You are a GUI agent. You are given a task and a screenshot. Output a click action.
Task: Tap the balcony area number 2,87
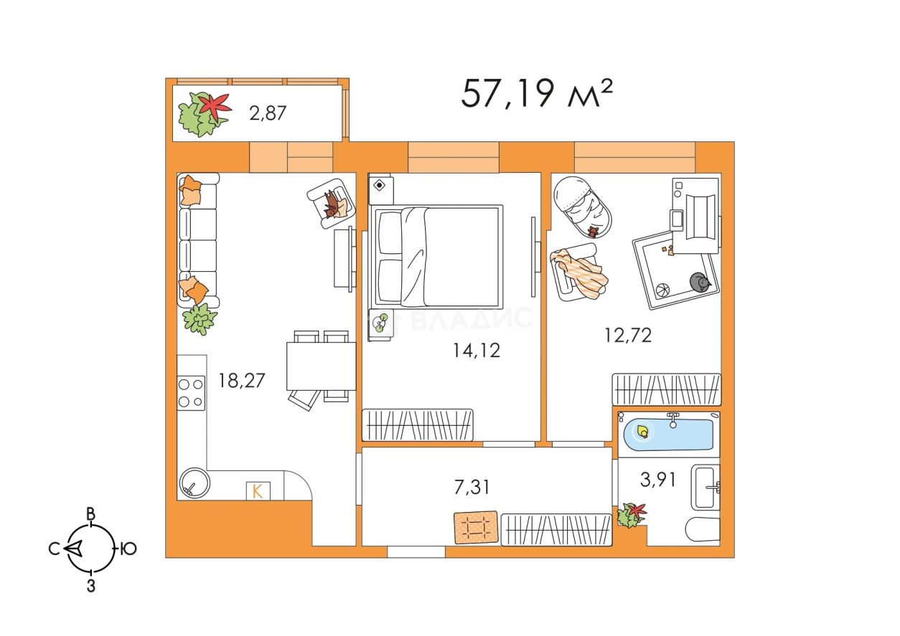click(268, 113)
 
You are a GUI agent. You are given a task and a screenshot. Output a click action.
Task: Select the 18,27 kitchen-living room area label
click(241, 381)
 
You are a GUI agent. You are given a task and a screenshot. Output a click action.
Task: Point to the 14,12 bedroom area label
click(477, 351)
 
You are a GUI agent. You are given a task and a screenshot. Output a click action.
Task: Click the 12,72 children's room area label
click(628, 336)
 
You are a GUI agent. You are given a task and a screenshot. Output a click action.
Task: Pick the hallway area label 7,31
click(472, 487)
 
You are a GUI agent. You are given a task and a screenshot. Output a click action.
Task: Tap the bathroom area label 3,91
click(657, 480)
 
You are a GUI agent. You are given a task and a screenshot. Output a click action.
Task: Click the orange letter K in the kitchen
click(257, 491)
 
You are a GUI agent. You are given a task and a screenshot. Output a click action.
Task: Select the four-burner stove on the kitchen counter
click(191, 393)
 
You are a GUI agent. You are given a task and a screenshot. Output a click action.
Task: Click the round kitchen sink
click(194, 483)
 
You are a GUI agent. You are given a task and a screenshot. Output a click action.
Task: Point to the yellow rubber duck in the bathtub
click(642, 432)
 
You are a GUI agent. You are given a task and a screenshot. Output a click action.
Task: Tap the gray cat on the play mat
click(700, 282)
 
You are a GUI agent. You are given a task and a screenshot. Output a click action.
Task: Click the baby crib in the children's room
click(582, 207)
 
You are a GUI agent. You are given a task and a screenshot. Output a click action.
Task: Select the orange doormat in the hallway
click(476, 527)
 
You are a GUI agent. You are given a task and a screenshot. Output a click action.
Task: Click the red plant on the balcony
click(215, 105)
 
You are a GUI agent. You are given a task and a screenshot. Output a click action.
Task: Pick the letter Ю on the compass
click(128, 549)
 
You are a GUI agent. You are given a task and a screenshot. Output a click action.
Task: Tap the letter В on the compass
click(91, 514)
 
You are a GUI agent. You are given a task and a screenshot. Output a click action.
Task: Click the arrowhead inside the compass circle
click(74, 549)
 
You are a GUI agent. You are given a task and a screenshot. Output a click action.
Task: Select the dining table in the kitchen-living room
click(321, 366)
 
